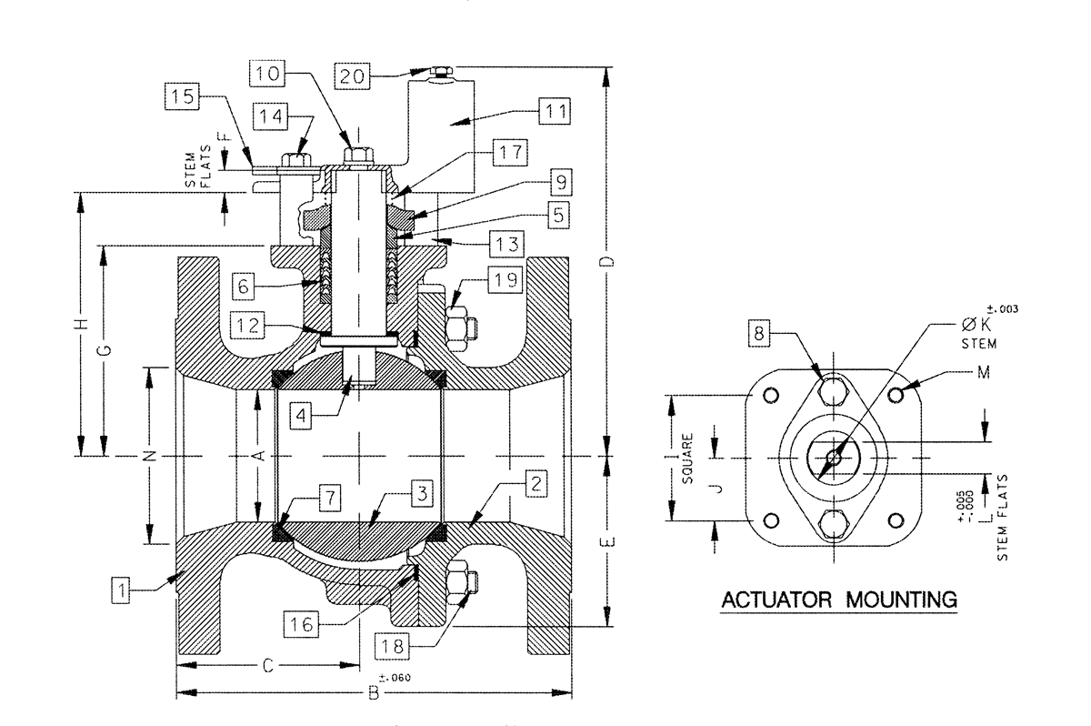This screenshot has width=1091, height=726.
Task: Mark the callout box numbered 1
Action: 124,591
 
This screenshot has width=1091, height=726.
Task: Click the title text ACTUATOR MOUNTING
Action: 838,600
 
